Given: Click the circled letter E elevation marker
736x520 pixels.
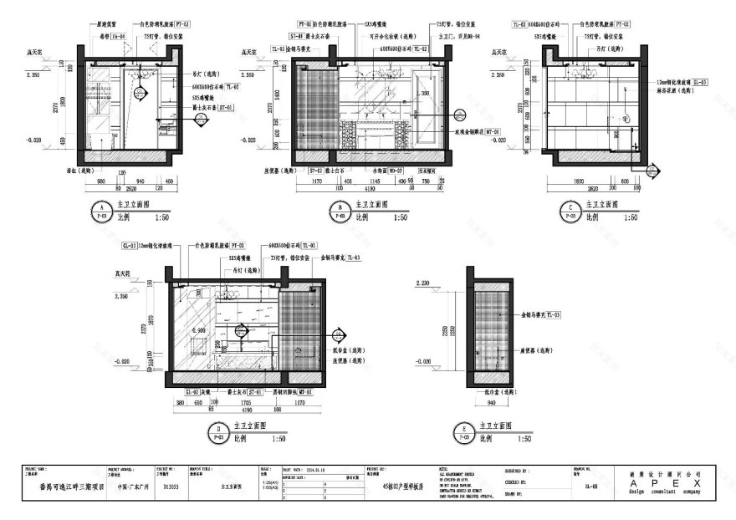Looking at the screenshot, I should click(463, 431).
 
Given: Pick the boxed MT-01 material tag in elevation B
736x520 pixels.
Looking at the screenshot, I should click(491, 131).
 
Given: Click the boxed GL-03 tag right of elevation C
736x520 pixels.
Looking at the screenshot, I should click(699, 82).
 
